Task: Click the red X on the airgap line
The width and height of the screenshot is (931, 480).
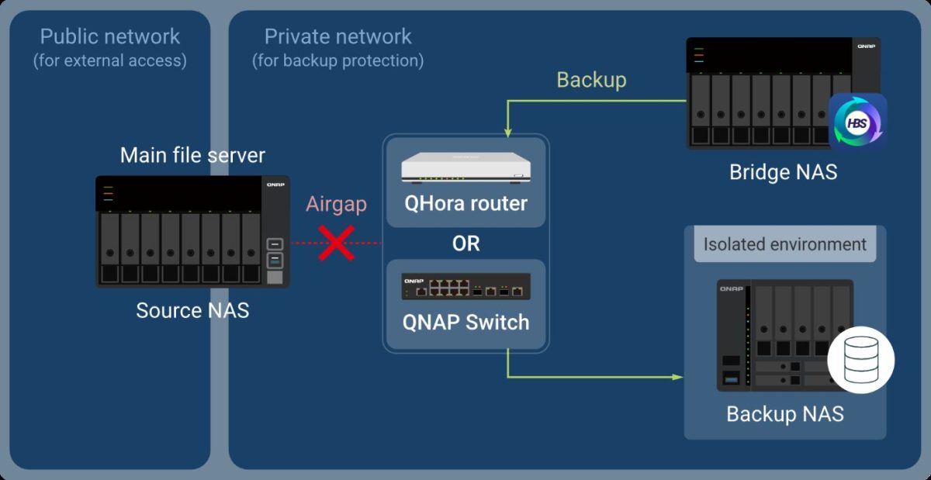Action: coord(337,243)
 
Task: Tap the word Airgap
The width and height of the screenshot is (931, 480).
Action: coord(336,205)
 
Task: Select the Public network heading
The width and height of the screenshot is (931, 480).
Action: coord(110,36)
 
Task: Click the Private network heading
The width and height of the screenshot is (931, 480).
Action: coord(337,36)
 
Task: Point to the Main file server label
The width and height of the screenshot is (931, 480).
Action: coord(192,155)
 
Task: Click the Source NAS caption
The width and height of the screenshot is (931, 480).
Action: coord(192,310)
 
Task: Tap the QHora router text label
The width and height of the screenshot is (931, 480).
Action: coord(465,204)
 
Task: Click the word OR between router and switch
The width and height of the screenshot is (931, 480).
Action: coord(465,243)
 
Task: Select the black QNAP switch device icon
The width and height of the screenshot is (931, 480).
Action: coord(465,287)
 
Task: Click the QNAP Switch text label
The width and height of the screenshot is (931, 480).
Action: coord(465,322)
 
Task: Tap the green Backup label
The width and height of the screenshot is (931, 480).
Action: coord(591,80)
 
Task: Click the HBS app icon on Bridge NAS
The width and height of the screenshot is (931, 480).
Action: coord(858,122)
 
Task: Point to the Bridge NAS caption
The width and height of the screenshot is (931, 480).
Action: coord(783,171)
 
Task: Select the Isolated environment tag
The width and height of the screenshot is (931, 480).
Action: coord(784,244)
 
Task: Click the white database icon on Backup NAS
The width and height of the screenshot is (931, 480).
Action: coord(860,360)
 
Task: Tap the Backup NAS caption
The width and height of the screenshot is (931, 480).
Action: coord(784,414)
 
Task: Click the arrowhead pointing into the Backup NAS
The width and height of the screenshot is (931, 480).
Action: coord(677,378)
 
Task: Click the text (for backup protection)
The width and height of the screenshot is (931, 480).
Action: coord(337,60)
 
